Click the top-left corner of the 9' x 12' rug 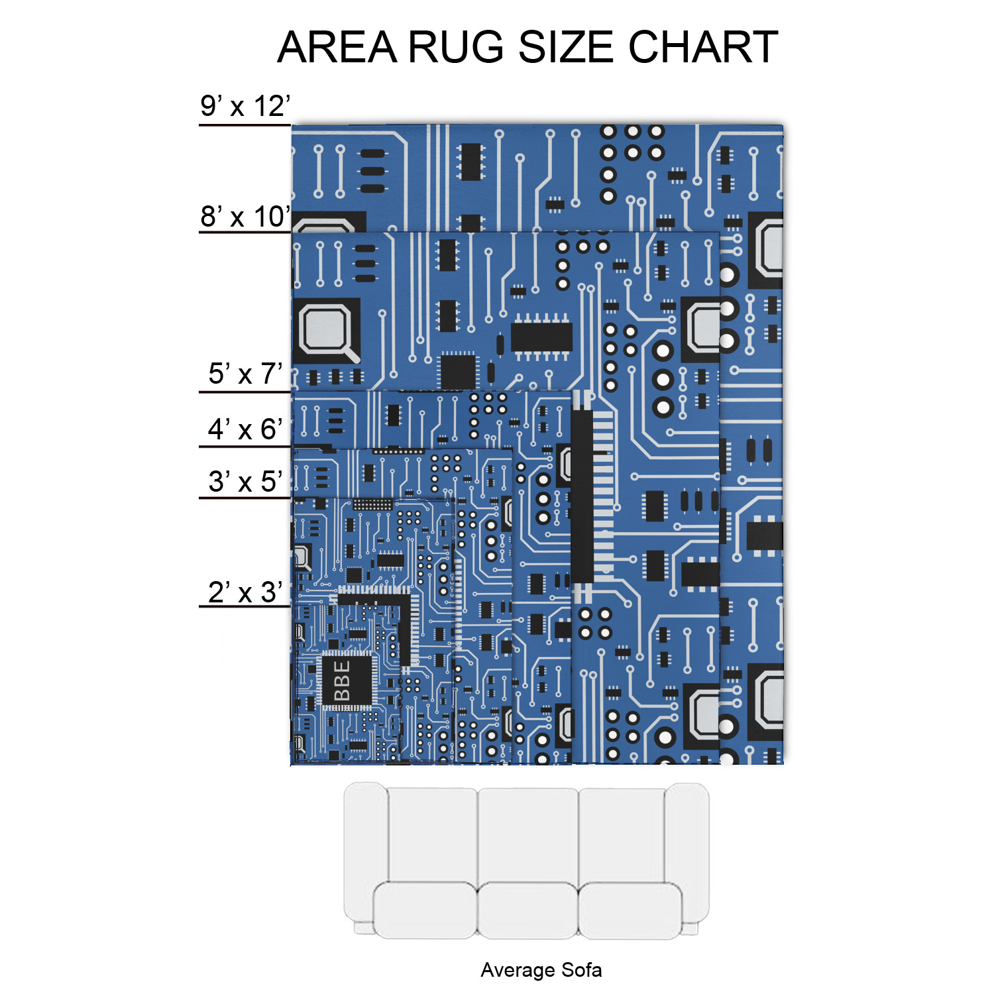(292, 125)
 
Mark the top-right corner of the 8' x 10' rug (720, 233)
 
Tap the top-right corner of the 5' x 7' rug (571, 391)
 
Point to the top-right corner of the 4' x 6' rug (512, 449)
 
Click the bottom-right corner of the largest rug (783, 764)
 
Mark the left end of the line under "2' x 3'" (199, 606)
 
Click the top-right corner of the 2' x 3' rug (400, 605)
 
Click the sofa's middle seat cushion (527, 910)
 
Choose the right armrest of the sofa (687, 855)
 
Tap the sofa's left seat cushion (425, 910)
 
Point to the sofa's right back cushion (622, 835)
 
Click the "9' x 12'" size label (245, 107)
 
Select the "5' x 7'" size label (245, 374)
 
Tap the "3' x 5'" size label (245, 482)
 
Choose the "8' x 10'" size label (245, 217)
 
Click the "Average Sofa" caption (541, 970)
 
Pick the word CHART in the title (703, 48)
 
